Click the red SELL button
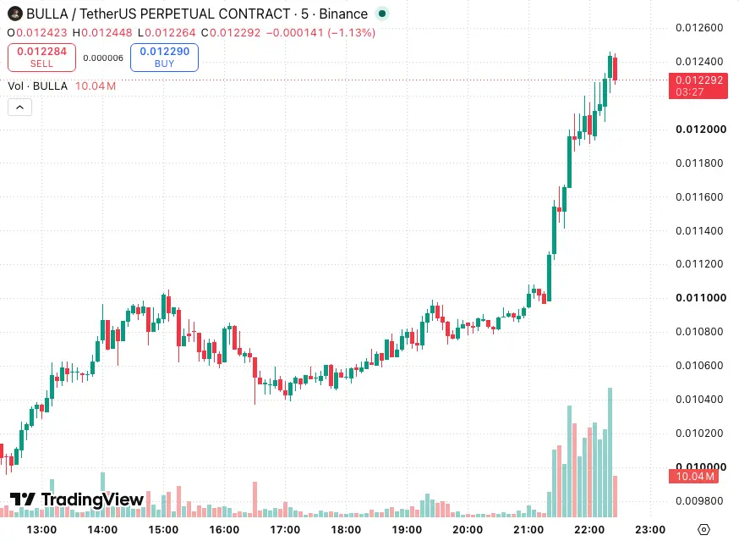(x=41, y=58)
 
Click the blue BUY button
(x=164, y=58)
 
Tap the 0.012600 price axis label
(x=699, y=27)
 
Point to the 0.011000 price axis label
(x=701, y=297)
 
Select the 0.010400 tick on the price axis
(x=699, y=399)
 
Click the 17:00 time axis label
(x=285, y=530)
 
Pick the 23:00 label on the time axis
(x=650, y=530)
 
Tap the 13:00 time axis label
(x=41, y=530)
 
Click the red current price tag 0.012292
(x=698, y=86)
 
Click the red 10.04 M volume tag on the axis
(x=693, y=477)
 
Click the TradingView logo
(x=77, y=499)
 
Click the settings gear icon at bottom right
(x=703, y=530)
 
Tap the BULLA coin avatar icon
(x=15, y=14)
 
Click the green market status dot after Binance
(x=382, y=14)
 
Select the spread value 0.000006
(x=103, y=58)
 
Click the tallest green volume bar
(x=610, y=452)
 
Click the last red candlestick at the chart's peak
(x=615, y=69)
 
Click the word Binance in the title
(x=343, y=14)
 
